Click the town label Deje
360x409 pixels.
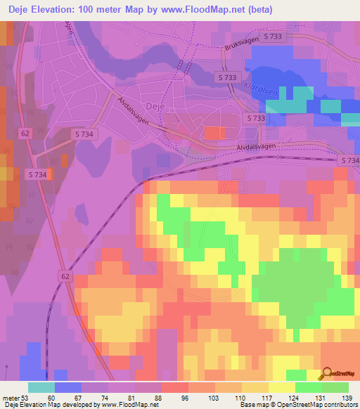coord(155,106)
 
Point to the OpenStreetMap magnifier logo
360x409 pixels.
coord(326,375)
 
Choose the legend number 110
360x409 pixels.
coord(243,397)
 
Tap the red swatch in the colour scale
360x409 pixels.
coord(176,387)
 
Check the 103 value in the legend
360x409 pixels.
coord(212,397)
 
